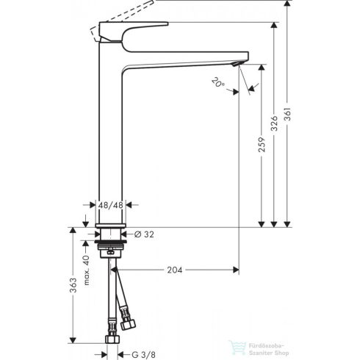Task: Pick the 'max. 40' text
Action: (87, 264)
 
